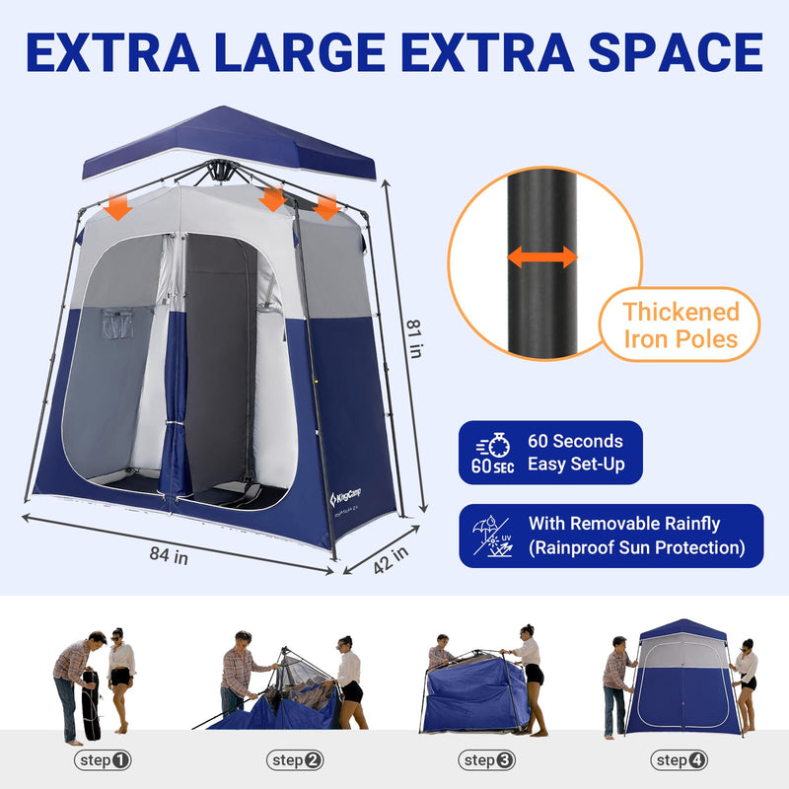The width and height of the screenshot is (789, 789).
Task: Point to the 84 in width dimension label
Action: [x=169, y=554]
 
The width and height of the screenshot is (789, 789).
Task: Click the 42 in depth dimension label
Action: [x=391, y=559]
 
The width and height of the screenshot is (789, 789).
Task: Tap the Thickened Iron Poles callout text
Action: [x=681, y=325]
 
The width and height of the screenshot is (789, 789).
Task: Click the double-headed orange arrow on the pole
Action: [x=541, y=257]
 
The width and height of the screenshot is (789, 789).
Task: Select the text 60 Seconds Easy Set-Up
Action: [x=575, y=453]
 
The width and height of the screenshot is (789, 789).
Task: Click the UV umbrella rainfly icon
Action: [x=492, y=536]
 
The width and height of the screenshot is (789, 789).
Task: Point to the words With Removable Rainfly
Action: [x=624, y=524]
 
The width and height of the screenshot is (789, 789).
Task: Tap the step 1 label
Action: [x=103, y=760]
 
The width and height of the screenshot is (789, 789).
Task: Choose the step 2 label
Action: [x=295, y=760]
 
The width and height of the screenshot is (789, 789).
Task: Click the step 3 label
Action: [x=487, y=760]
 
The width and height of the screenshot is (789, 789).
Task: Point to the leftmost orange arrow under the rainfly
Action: [x=118, y=206]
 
